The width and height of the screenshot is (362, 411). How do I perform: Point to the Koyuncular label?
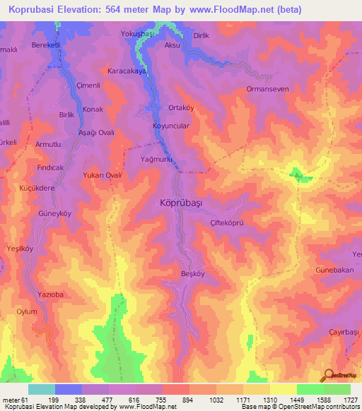(x=171, y=126)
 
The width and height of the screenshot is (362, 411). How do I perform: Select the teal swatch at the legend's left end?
(x=41, y=389)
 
